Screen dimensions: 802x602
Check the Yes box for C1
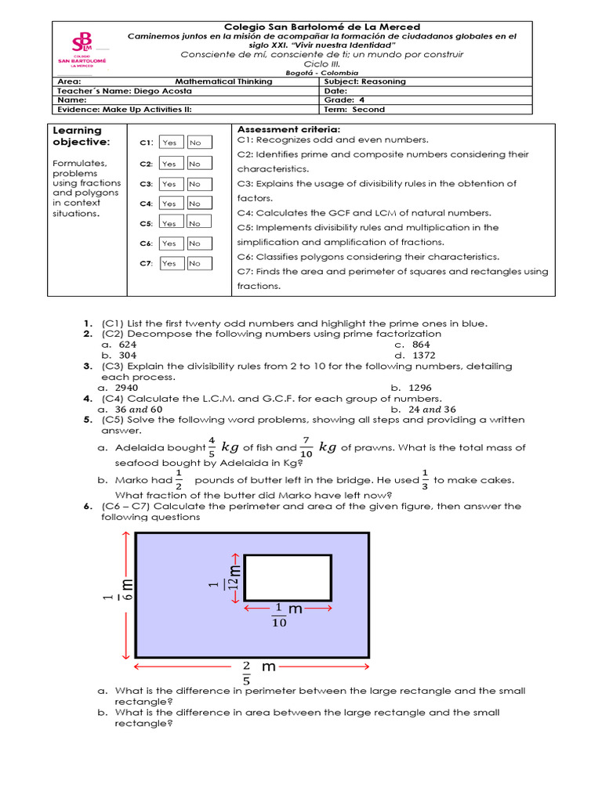click(169, 143)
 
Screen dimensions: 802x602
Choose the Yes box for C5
click(169, 223)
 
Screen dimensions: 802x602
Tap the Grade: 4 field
click(344, 100)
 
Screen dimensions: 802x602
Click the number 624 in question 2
click(128, 344)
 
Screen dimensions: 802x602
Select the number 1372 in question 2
click(422, 355)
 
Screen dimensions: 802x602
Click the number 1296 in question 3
click(419, 388)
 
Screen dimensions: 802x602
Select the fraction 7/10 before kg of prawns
click(306, 447)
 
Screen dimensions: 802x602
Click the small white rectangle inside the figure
click(287, 578)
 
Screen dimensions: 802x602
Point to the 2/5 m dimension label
click(257, 672)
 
